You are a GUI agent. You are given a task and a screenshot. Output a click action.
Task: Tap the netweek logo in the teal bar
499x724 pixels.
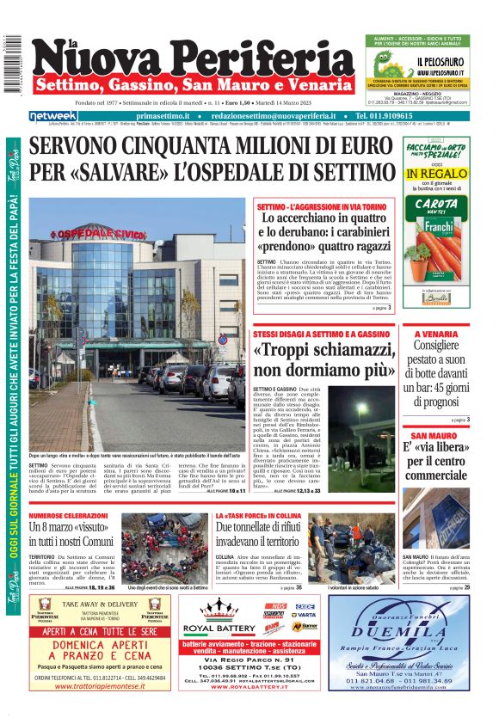[x=52, y=115]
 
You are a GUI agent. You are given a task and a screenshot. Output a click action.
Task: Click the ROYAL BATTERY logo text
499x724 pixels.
[x=209, y=629]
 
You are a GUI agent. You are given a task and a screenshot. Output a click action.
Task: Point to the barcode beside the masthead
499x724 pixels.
[x=12, y=64]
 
